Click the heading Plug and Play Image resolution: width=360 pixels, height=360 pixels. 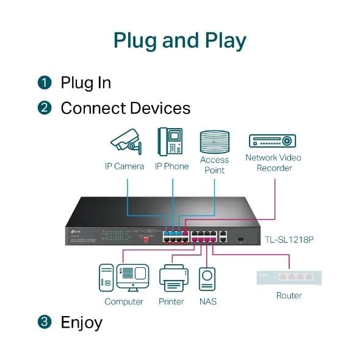click(x=180, y=40)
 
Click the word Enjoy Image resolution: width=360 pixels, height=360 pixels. click(x=81, y=322)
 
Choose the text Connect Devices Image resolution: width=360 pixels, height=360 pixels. click(x=125, y=109)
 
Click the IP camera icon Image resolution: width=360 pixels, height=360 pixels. click(x=126, y=142)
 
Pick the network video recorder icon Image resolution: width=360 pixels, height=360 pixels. click(x=273, y=141)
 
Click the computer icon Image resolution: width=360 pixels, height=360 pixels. click(x=124, y=278)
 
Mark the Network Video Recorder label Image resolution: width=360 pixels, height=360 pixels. click(x=273, y=162)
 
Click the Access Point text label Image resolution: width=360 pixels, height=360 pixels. click(x=214, y=165)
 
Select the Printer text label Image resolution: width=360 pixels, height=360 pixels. click(x=171, y=301)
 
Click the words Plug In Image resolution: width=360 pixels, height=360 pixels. click(x=85, y=82)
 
